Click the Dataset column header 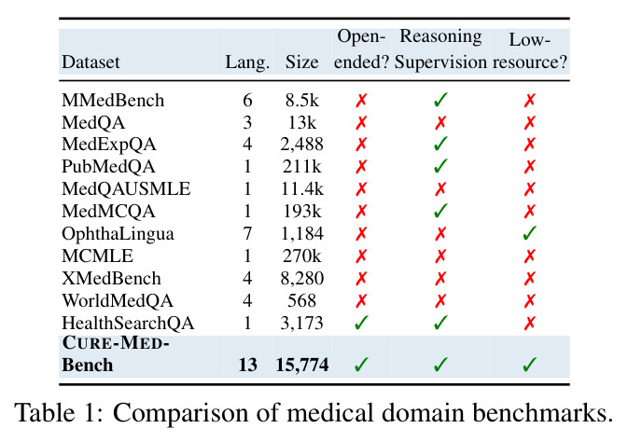[x=91, y=62]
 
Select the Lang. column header [x=247, y=62]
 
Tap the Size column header [x=302, y=62]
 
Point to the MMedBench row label [x=113, y=101]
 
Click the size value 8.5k [x=302, y=101]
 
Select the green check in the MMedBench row [x=440, y=100]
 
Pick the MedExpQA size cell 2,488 [x=302, y=145]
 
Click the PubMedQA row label [x=108, y=167]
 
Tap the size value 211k [x=302, y=167]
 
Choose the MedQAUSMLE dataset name [x=126, y=189]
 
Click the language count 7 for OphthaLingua [x=247, y=234]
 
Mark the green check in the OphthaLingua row [x=529, y=233]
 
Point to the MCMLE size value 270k [x=302, y=256]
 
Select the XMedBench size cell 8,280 [x=302, y=279]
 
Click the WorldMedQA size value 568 [x=302, y=300]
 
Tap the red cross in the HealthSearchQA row [x=529, y=323]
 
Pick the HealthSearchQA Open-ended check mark [x=361, y=323]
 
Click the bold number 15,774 [x=302, y=366]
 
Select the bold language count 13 [x=247, y=366]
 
